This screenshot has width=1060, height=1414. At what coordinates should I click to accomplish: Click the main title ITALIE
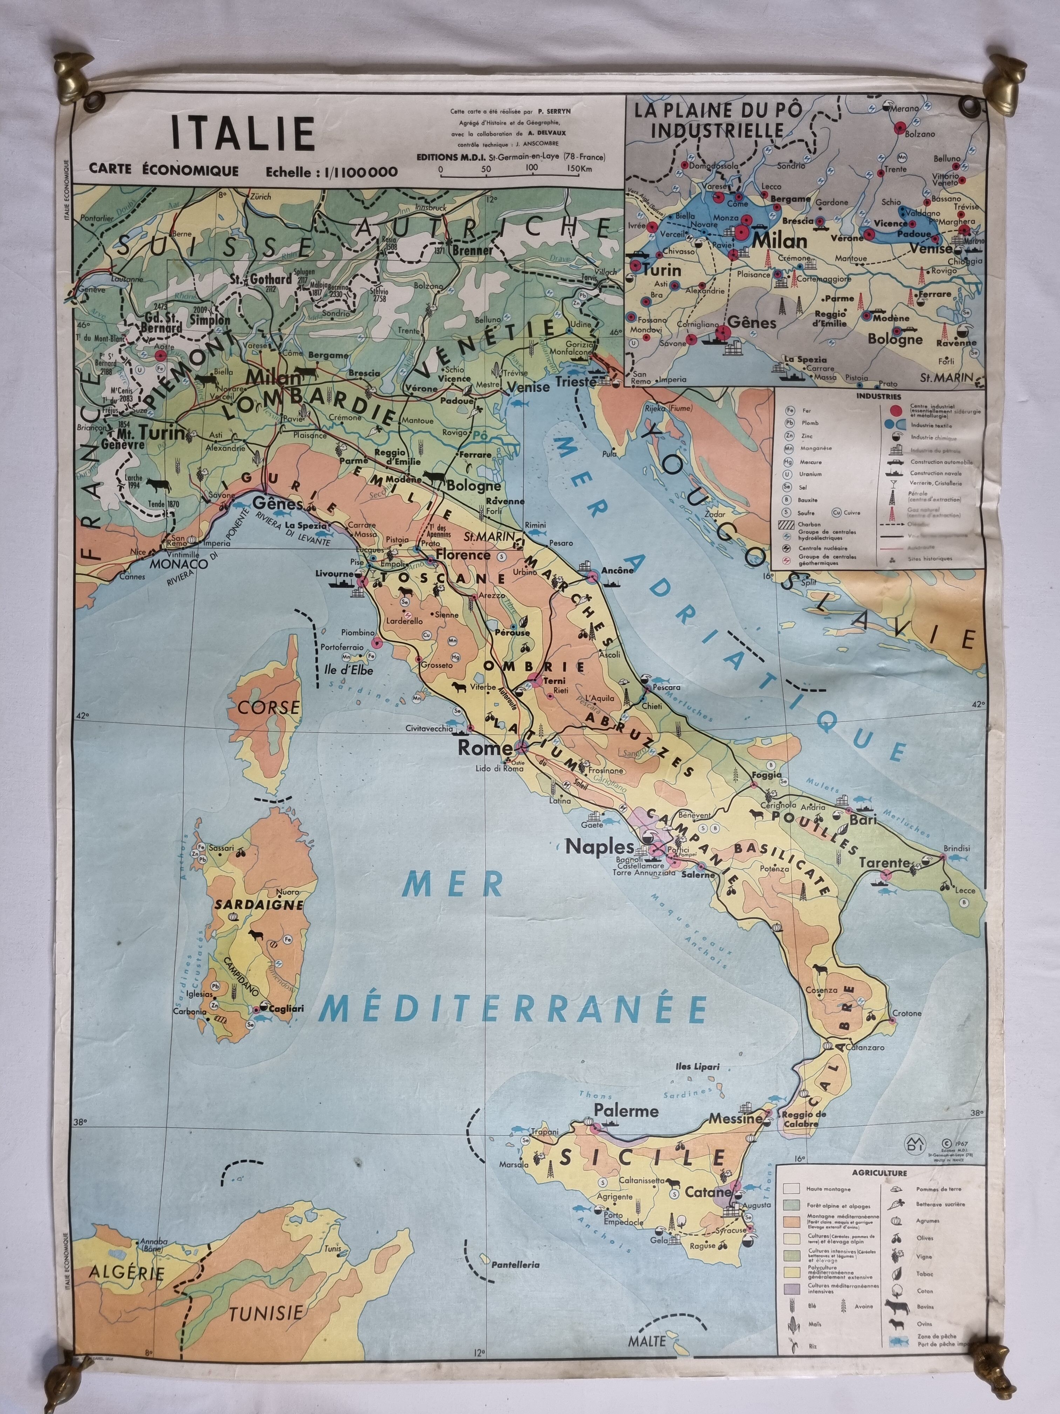pos(243,134)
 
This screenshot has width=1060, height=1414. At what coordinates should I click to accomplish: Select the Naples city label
pos(600,847)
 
